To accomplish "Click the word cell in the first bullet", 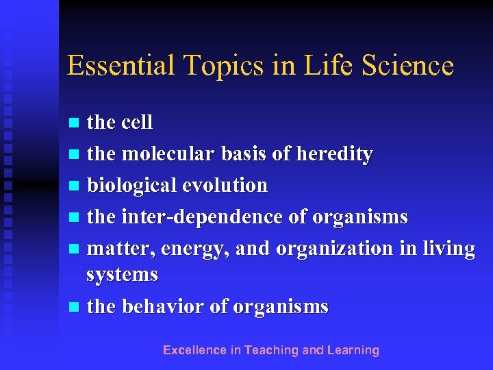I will point(136,123).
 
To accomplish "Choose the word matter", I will point(121,249).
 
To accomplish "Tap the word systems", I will point(123,275).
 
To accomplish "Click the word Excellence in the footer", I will point(194,350).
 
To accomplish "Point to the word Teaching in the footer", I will point(272,350).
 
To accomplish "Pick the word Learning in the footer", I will point(353,350).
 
